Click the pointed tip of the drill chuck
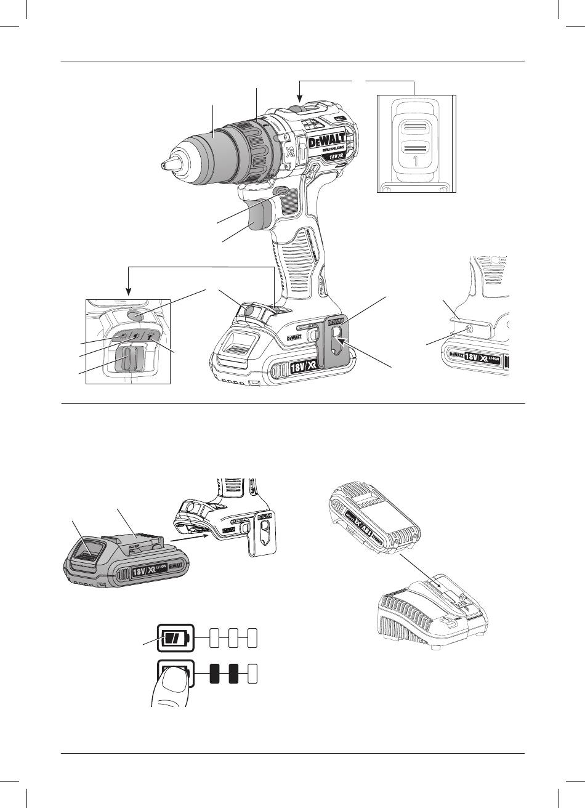(x=164, y=165)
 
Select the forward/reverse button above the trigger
(x=281, y=193)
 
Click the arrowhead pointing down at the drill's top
(x=299, y=97)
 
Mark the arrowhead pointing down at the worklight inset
(x=128, y=291)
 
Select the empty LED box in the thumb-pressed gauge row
(x=252, y=674)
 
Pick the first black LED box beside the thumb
(x=215, y=674)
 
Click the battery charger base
(x=434, y=616)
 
